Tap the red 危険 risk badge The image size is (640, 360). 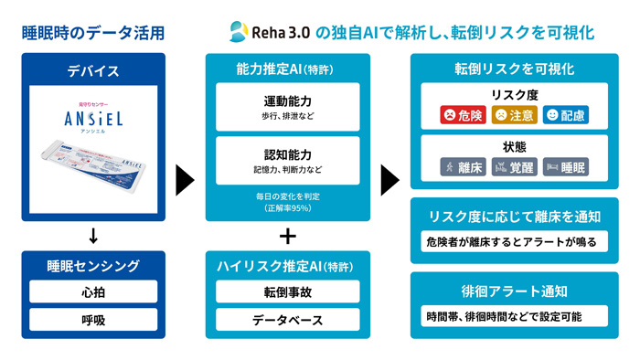point(463,115)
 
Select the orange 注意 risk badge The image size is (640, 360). point(514,115)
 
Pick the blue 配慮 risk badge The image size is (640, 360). point(566,115)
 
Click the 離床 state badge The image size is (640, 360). point(463,167)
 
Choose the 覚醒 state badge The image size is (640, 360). point(514,167)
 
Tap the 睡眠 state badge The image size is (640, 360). point(566,167)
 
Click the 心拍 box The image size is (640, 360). point(93,292)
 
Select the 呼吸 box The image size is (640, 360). point(93,320)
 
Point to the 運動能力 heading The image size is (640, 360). point(288,101)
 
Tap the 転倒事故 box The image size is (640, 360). point(288,292)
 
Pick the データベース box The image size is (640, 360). point(288,321)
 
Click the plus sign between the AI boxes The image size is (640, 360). point(288,236)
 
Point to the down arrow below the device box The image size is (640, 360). point(93,237)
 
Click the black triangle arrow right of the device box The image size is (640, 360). point(186,179)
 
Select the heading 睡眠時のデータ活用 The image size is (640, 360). point(93,33)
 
